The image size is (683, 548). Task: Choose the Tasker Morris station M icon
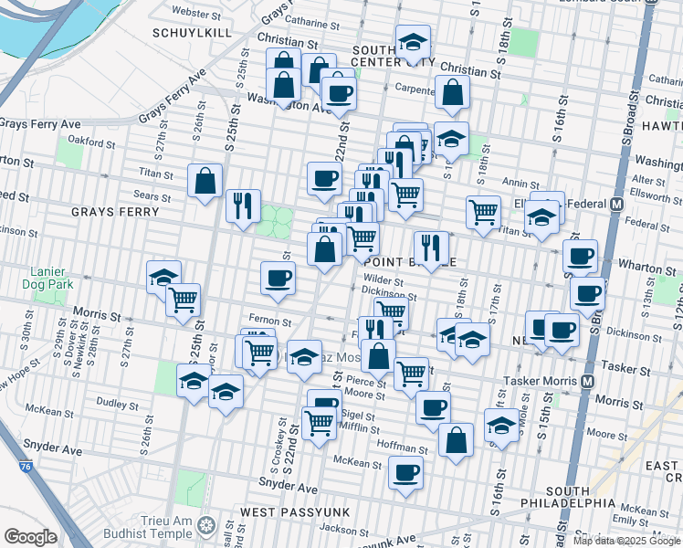(589, 380)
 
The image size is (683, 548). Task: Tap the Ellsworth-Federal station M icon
(616, 204)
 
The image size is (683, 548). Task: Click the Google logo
(30, 536)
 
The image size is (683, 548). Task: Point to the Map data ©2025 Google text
(626, 541)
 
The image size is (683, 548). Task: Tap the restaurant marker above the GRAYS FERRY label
(243, 205)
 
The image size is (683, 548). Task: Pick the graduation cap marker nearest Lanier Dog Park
(164, 277)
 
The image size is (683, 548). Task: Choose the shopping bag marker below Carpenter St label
(452, 92)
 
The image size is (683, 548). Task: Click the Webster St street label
(197, 13)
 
